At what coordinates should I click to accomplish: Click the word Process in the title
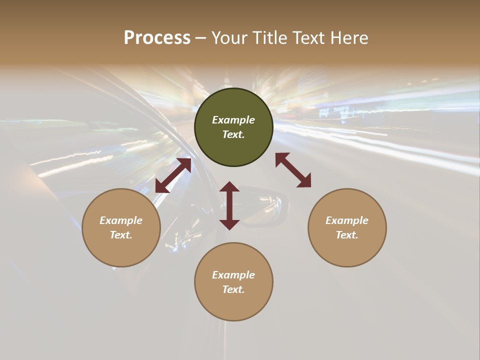pos(157,38)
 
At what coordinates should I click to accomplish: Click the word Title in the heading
pos(268,38)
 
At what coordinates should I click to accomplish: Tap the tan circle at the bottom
pos(233,305)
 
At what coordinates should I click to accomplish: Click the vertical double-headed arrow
pos(229,205)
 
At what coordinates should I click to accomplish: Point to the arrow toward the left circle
pos(173,175)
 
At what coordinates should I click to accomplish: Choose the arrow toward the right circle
pos(293,170)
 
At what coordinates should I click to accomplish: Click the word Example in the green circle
pos(233,120)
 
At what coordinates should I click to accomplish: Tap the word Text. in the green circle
pos(233,134)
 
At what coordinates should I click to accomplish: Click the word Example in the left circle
pos(121,220)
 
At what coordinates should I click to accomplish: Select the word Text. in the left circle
pos(121,235)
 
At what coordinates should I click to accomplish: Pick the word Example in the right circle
pos(347,220)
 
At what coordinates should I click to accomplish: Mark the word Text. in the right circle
pos(347,235)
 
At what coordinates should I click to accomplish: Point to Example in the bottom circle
pos(233,275)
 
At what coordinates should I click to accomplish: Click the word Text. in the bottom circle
pos(233,289)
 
